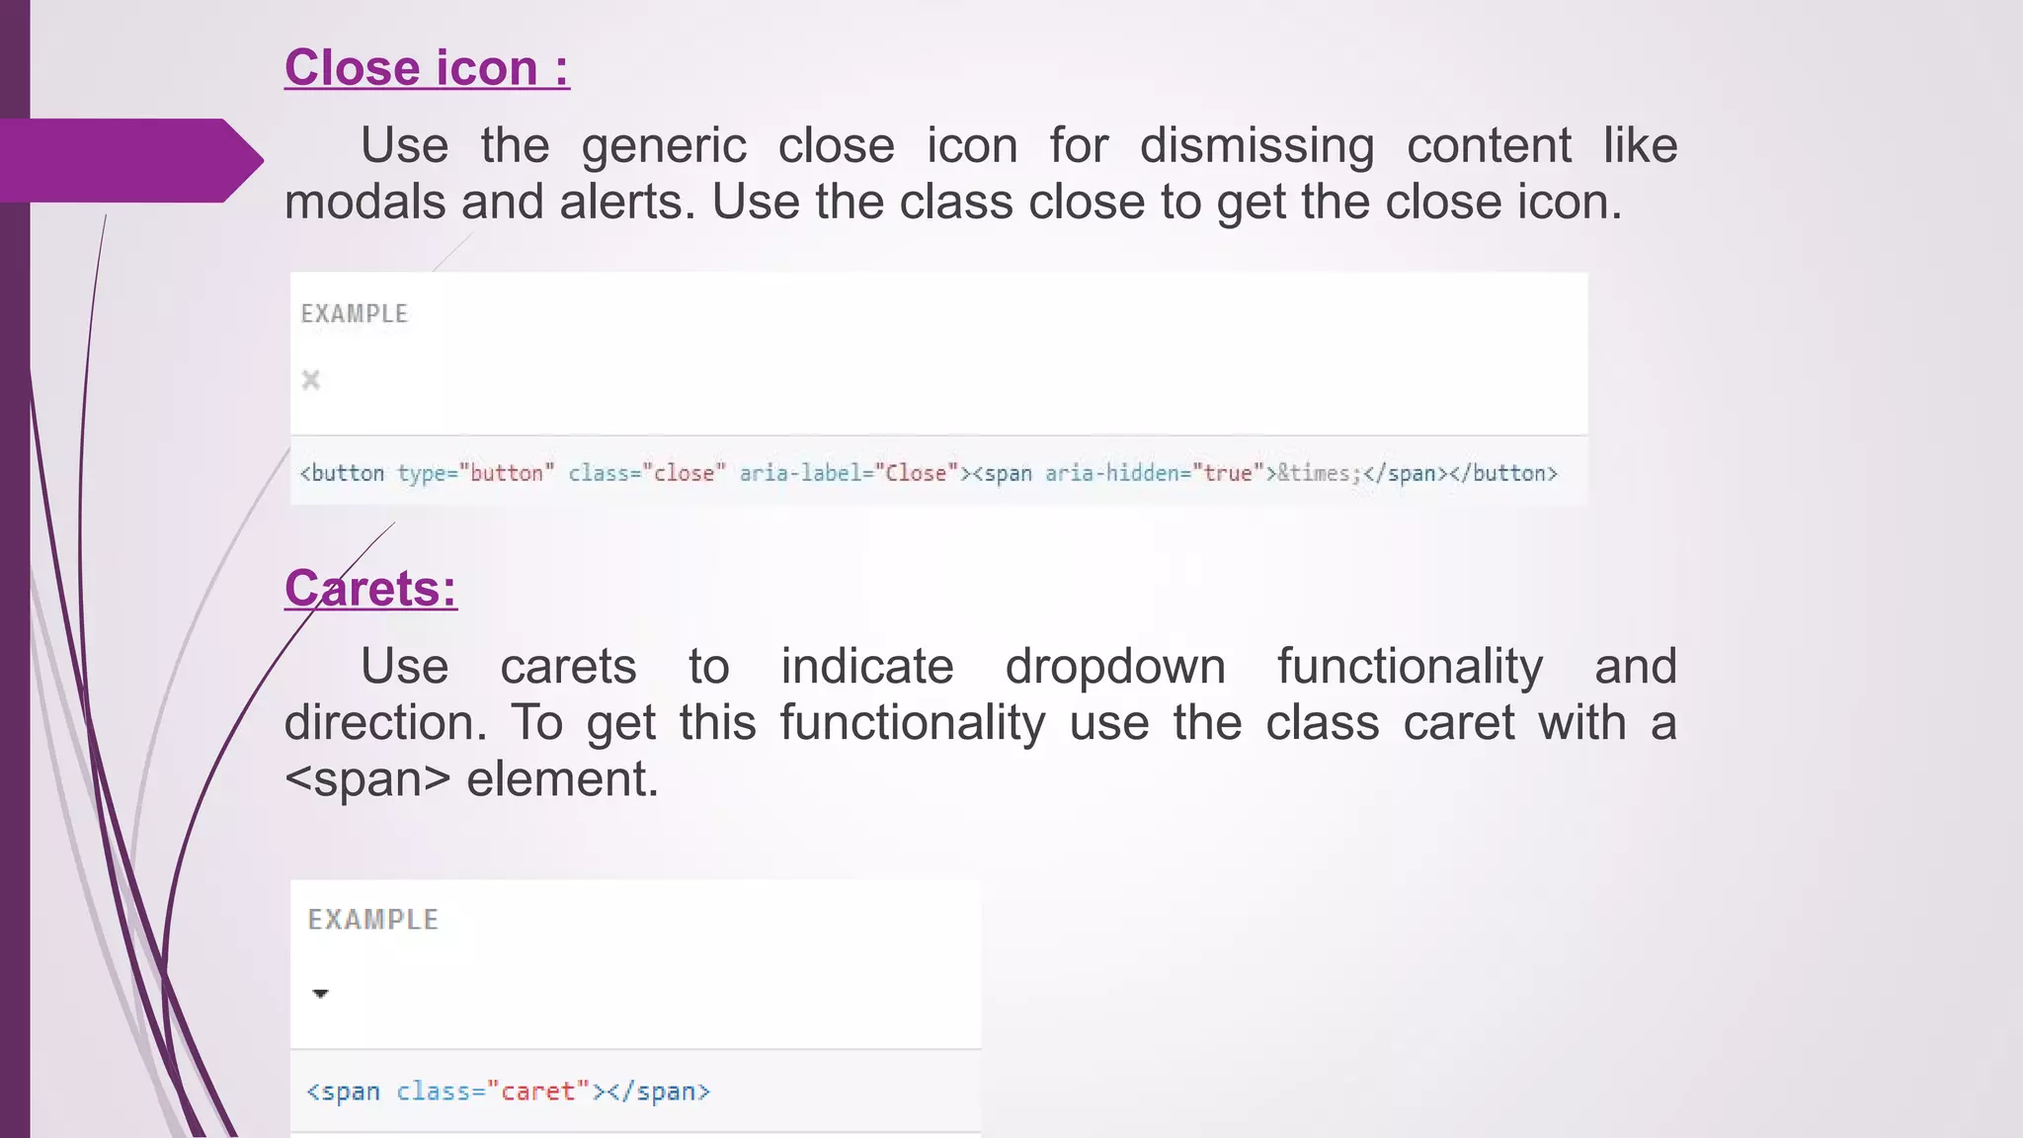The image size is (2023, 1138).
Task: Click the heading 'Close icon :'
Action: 427,68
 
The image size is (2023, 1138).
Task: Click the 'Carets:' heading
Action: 370,589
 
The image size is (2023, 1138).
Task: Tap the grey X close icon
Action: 311,380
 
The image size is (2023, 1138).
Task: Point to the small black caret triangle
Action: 320,994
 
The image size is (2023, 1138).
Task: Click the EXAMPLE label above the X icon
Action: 355,314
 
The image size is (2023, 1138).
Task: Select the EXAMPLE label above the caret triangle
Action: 373,920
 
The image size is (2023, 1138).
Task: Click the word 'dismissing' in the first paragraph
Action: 1256,146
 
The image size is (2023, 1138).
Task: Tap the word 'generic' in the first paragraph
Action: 664,146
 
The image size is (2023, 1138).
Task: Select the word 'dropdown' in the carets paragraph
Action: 1115,667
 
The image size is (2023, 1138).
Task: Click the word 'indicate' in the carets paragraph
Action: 867,667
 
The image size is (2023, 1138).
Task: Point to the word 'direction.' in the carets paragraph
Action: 385,723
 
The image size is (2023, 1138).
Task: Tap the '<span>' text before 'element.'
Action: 367,779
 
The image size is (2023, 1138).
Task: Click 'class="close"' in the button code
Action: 647,473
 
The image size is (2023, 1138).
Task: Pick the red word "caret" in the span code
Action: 538,1092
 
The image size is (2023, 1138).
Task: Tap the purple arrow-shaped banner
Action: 128,160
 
